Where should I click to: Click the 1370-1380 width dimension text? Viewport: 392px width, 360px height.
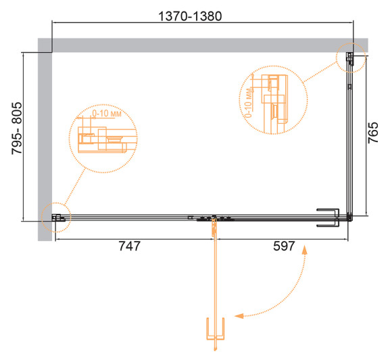(203, 14)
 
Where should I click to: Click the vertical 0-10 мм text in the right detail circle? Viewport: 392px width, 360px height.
(249, 101)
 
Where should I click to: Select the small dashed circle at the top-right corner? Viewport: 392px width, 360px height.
(350, 59)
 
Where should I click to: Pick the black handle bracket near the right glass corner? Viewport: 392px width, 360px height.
(329, 217)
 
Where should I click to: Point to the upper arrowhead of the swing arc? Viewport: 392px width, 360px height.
(305, 251)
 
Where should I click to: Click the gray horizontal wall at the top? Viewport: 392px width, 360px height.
(203, 44)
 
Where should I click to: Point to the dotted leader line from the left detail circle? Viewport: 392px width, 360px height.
(76, 185)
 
